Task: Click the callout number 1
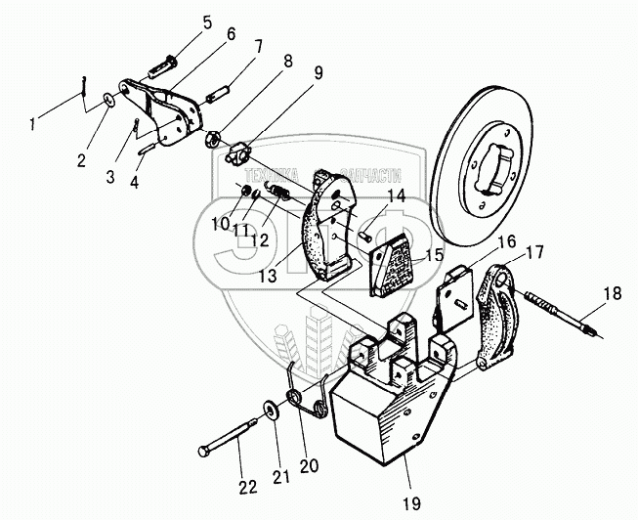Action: point(35,124)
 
